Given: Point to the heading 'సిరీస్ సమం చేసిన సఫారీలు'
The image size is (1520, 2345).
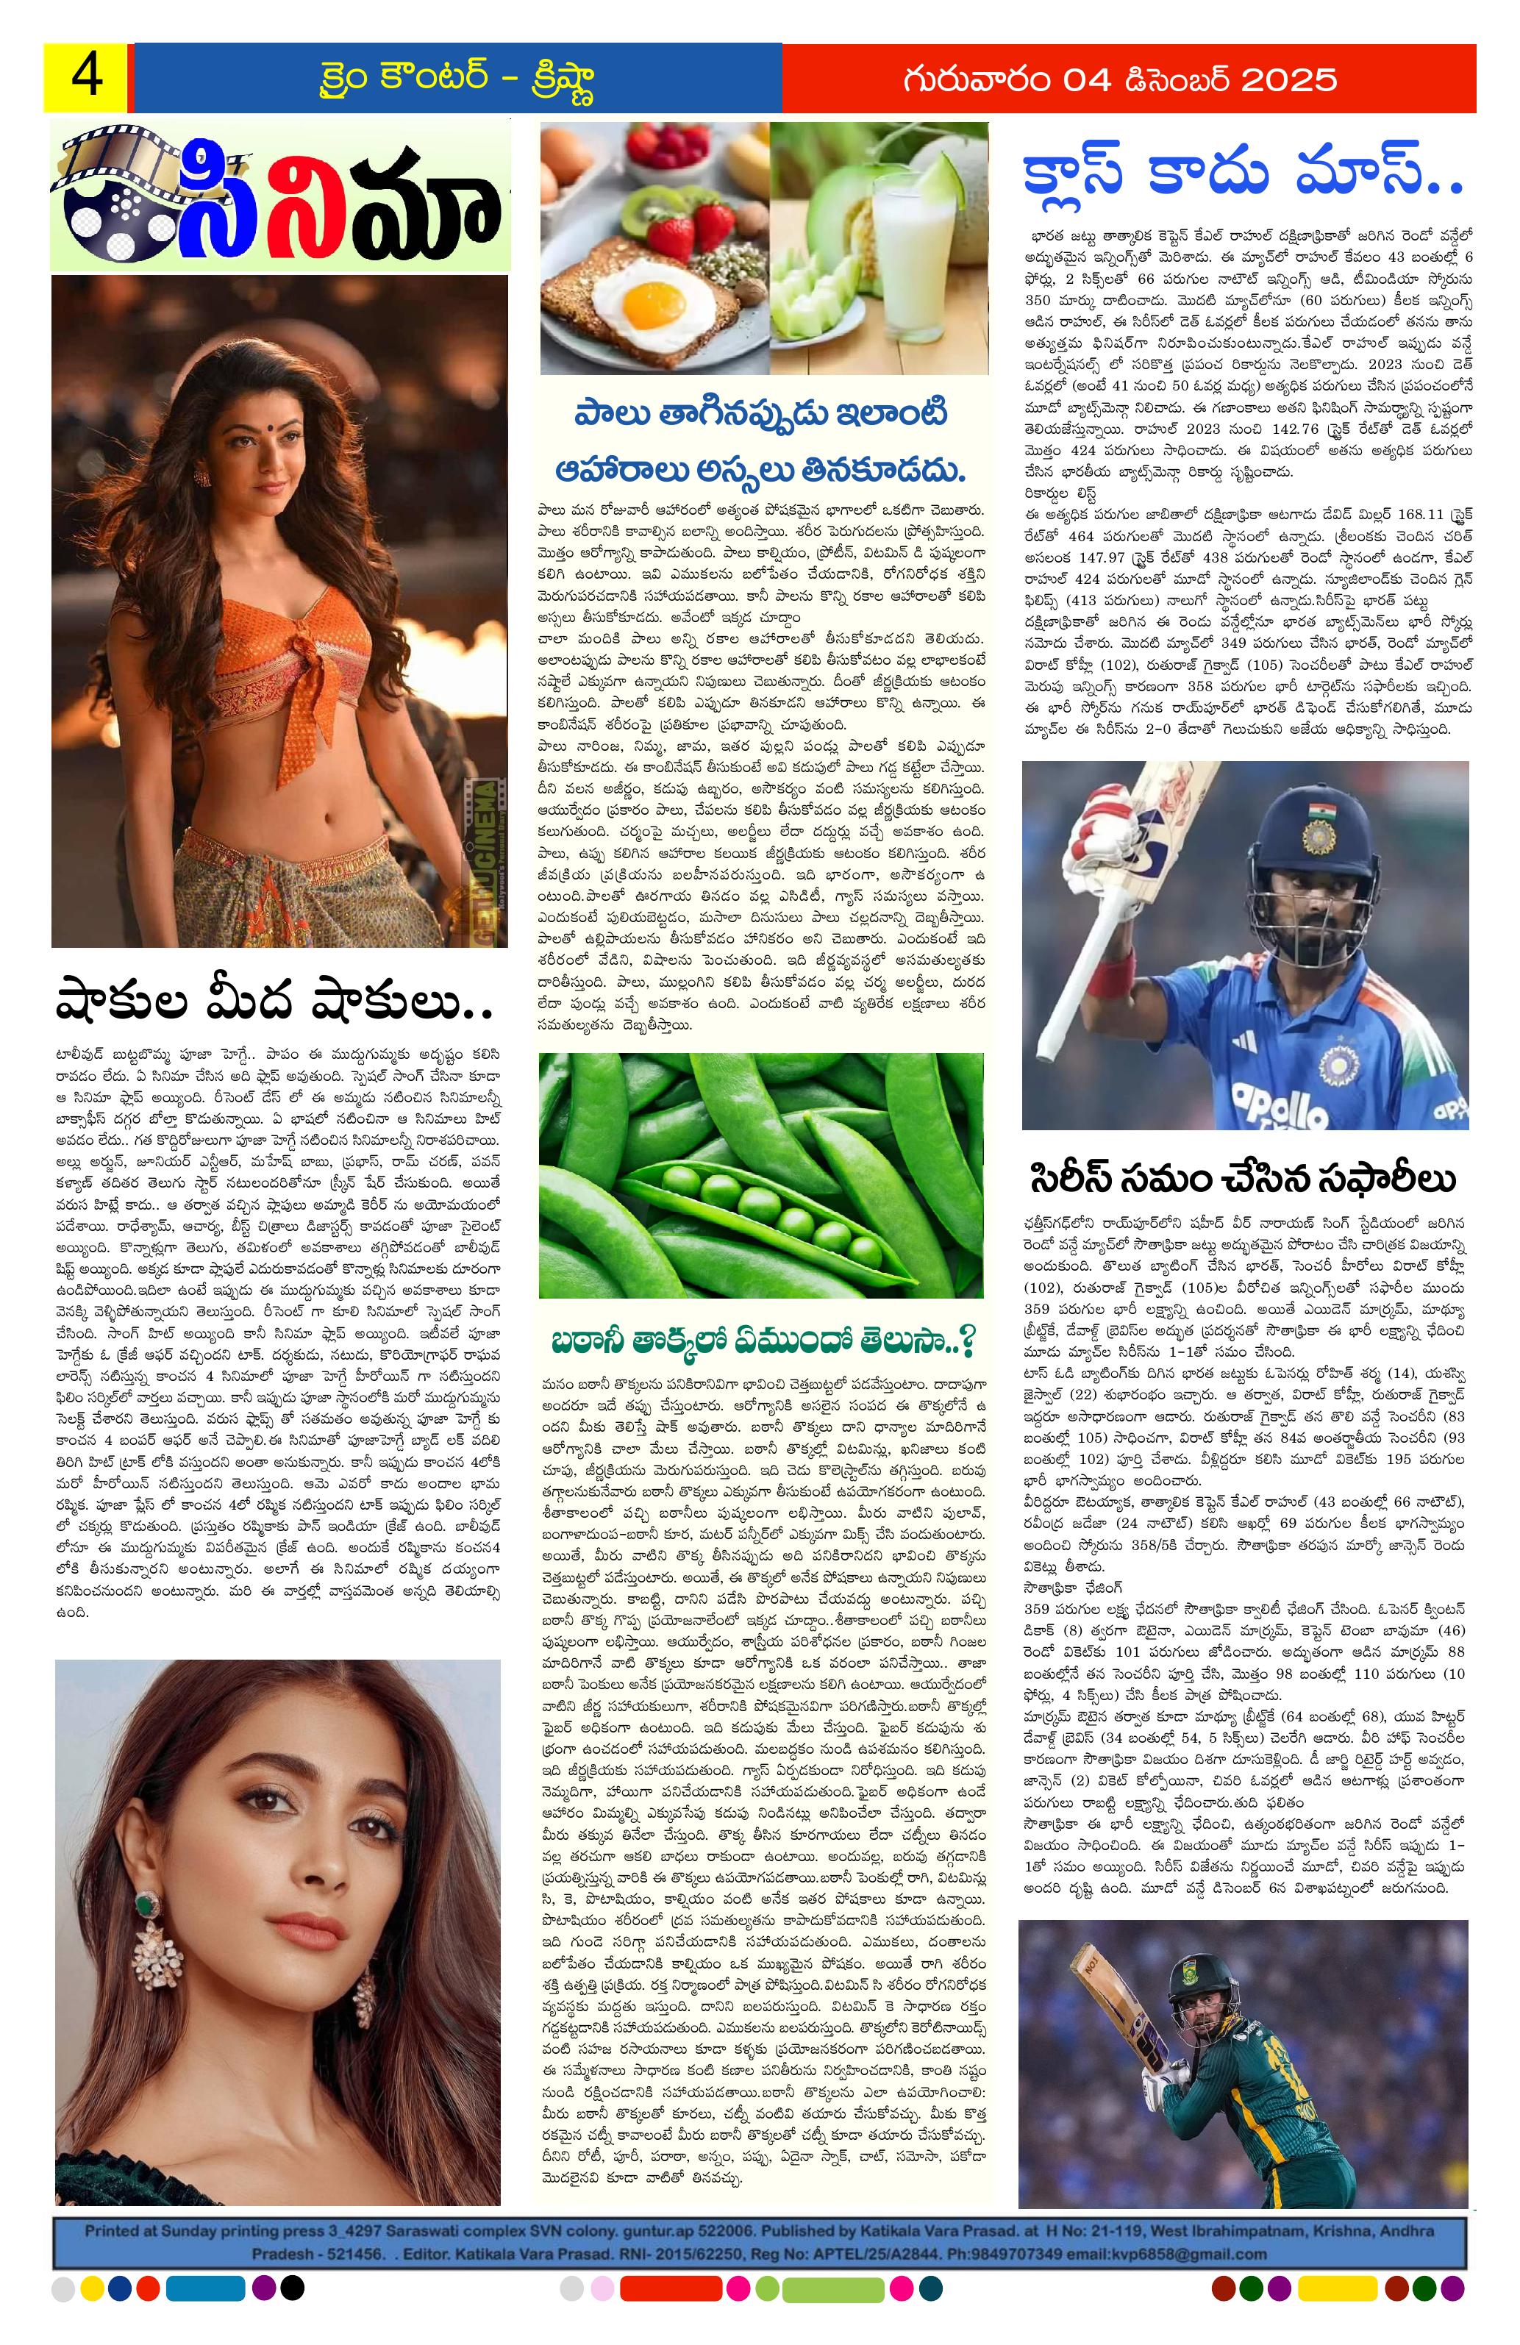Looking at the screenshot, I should [x=1244, y=1179].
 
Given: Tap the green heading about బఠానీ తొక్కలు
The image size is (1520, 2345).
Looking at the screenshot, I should [x=763, y=1339].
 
